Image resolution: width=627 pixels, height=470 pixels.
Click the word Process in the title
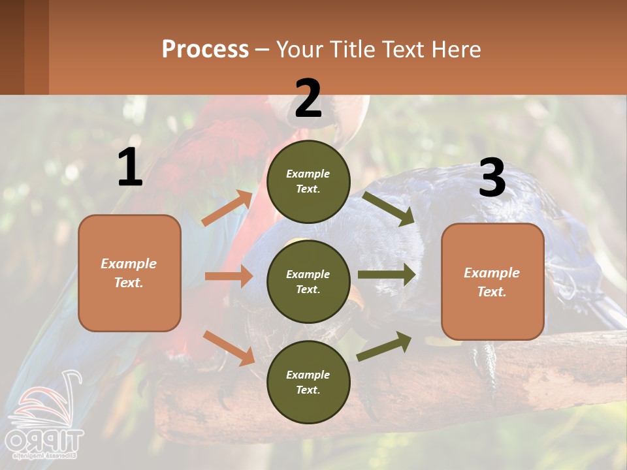pos(205,50)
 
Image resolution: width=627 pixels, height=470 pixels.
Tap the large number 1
pos(130,168)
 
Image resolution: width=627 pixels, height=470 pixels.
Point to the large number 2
pos(308,99)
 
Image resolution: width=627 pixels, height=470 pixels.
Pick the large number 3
pos(492,178)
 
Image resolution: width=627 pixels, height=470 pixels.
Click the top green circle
pos(308,181)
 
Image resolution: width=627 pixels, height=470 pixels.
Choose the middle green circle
pos(308,281)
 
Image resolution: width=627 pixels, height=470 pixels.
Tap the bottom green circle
pos(308,382)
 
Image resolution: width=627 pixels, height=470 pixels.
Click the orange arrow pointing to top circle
pos(227,208)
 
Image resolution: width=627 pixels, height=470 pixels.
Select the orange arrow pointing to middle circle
pos(228,276)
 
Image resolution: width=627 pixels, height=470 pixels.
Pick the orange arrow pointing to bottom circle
pos(229,348)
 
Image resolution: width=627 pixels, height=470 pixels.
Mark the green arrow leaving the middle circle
pos(386,274)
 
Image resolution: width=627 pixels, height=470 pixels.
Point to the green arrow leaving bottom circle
pos(385,347)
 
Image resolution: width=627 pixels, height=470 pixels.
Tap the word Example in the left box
pos(129,264)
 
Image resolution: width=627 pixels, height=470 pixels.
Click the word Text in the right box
pos(491,292)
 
